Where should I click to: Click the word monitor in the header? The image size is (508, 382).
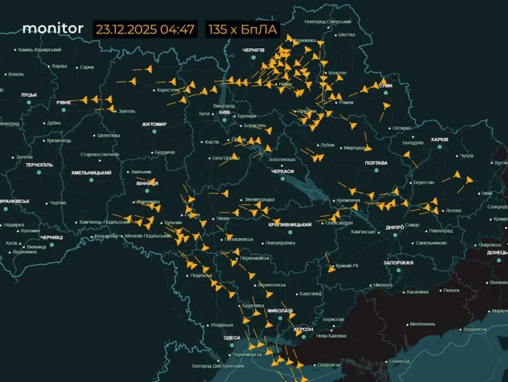pos(53,28)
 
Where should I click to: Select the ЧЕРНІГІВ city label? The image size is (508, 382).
pos(253,50)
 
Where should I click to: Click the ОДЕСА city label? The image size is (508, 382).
pos(231,338)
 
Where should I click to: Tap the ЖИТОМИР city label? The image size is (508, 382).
pos(154,124)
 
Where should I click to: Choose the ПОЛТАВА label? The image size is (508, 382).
pos(376,162)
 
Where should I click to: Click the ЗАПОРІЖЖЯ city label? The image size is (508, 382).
pos(398,263)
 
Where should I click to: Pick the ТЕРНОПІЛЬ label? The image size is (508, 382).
pos(39,164)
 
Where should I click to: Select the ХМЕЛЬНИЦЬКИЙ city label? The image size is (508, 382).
pos(91,172)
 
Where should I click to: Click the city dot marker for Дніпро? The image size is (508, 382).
pos(394,235)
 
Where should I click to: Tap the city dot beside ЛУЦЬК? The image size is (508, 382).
pos(29,103)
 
